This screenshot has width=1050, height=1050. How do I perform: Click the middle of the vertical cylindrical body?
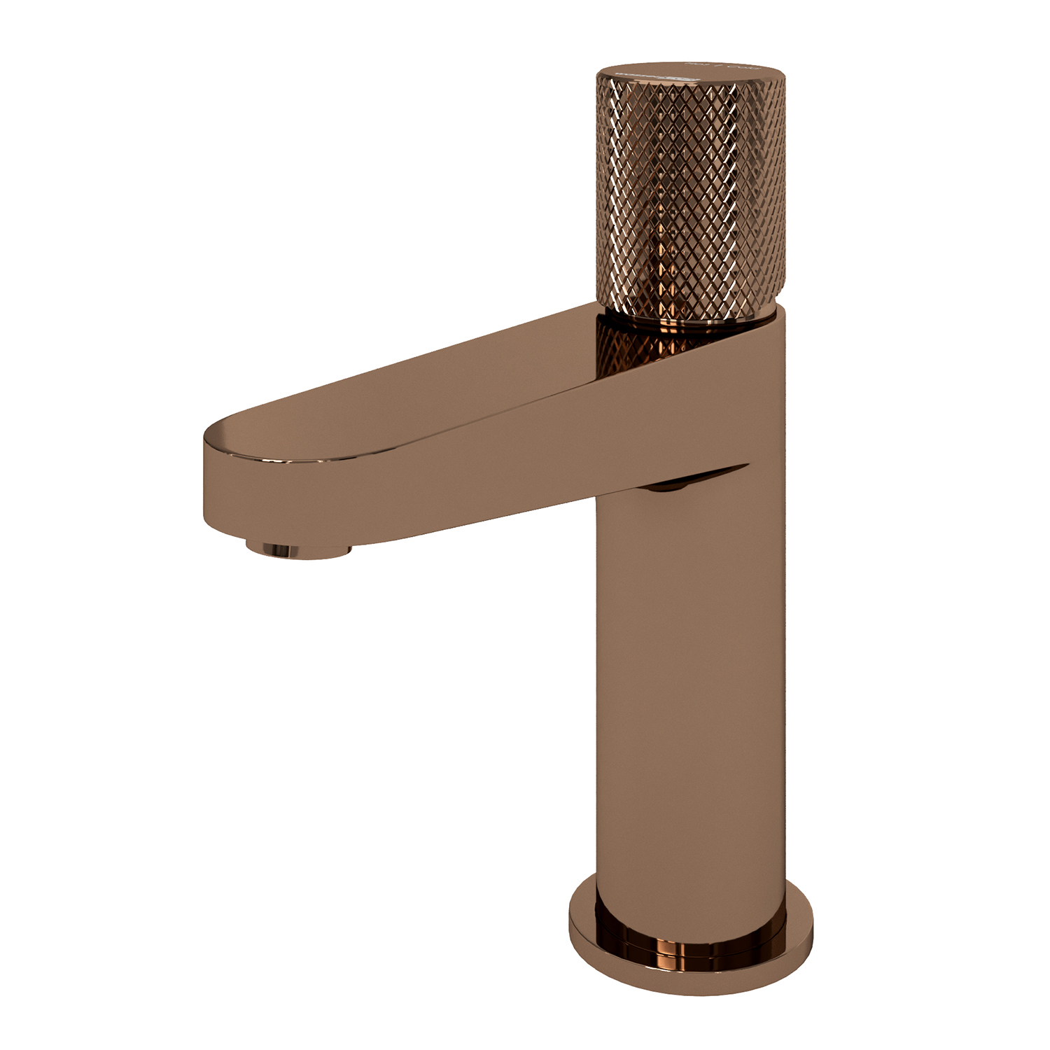coord(689,665)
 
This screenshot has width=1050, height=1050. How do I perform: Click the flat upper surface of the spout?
coord(420,399)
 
